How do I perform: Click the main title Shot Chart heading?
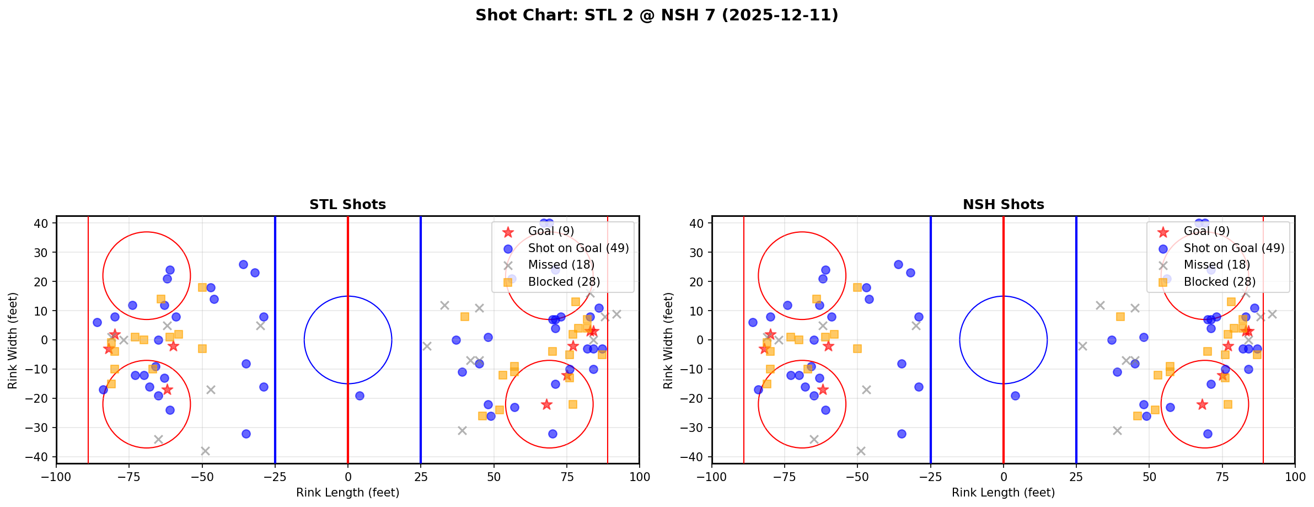656,15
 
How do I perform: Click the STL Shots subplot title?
347,205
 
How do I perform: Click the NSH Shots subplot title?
1003,205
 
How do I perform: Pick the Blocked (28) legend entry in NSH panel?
1219,282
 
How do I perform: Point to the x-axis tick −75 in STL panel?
129,476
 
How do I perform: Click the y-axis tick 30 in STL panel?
42,253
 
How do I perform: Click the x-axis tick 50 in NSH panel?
1149,476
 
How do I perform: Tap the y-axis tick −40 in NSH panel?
695,457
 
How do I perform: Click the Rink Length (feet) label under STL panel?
347,493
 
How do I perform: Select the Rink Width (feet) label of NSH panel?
668,340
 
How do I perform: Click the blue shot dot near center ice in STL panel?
360,396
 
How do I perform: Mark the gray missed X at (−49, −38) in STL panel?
205,451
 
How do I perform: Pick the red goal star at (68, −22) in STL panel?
546,404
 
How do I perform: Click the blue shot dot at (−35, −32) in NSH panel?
902,434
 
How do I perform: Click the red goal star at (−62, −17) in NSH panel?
823,389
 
